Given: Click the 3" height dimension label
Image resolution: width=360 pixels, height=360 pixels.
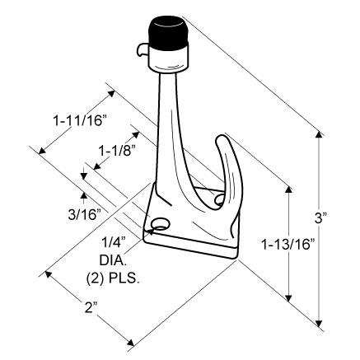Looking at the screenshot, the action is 320,218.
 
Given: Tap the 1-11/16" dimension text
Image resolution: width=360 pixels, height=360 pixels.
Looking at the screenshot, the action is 80,120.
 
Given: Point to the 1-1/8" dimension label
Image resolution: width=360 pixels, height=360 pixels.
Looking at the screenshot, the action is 117,150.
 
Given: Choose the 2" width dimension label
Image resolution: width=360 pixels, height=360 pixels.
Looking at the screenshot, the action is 88,308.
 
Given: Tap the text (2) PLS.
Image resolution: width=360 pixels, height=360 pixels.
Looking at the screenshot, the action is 112,278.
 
